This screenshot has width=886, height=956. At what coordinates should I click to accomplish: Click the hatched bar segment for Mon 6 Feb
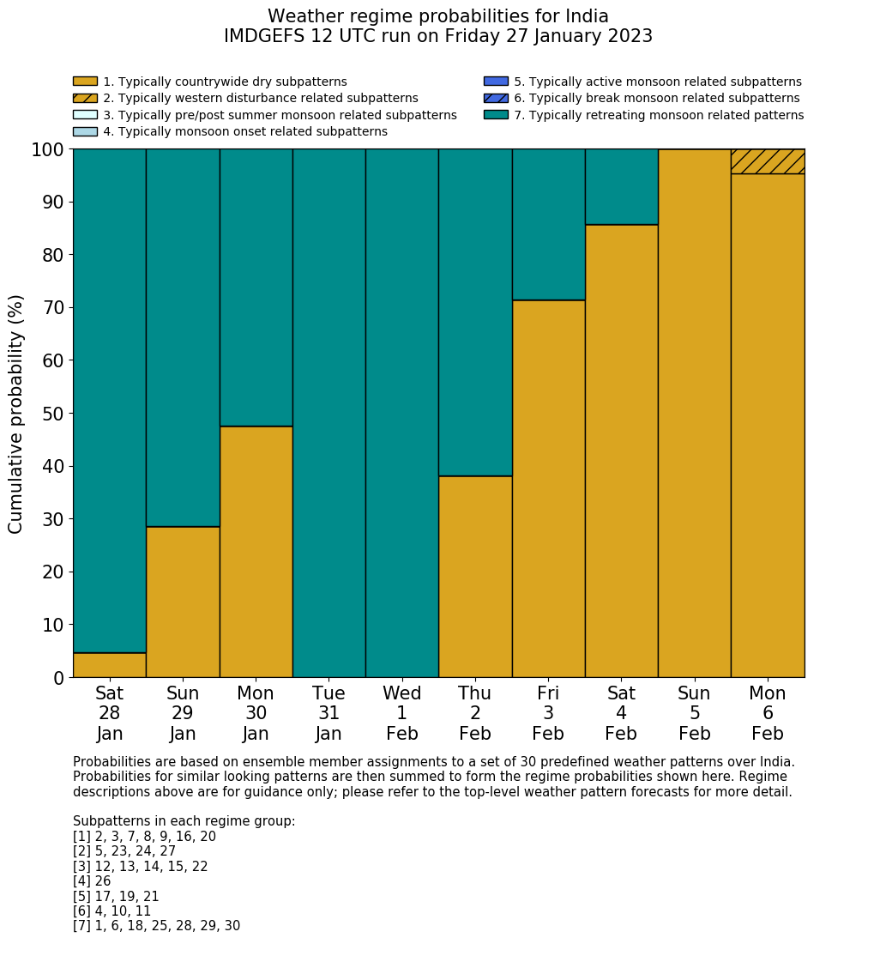(767, 161)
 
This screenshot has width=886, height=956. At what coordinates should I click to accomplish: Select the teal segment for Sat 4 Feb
(621, 186)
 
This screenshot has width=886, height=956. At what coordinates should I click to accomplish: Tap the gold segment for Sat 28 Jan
(109, 665)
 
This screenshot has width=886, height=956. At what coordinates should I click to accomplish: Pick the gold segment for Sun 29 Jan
(183, 602)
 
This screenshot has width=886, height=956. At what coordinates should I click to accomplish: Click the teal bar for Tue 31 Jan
(328, 413)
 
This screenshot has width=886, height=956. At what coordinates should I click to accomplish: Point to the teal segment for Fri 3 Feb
(548, 224)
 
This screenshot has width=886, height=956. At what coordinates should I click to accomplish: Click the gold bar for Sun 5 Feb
(694, 413)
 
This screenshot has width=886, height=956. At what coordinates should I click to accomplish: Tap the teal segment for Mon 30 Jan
(256, 287)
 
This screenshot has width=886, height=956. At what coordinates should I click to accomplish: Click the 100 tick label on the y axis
(48, 150)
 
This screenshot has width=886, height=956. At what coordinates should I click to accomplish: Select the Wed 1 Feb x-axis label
(401, 713)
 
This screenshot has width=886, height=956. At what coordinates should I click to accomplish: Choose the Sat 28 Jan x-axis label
(109, 713)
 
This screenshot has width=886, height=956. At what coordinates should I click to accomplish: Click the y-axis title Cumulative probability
(16, 414)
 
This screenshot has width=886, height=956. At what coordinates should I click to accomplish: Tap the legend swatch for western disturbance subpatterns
(85, 98)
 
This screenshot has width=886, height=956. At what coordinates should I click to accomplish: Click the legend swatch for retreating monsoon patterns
(496, 115)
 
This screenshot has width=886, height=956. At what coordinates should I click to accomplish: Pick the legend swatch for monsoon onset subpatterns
(85, 131)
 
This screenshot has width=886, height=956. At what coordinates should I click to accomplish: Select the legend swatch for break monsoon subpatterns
(496, 98)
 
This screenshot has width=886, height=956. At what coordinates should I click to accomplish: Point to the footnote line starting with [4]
(92, 881)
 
